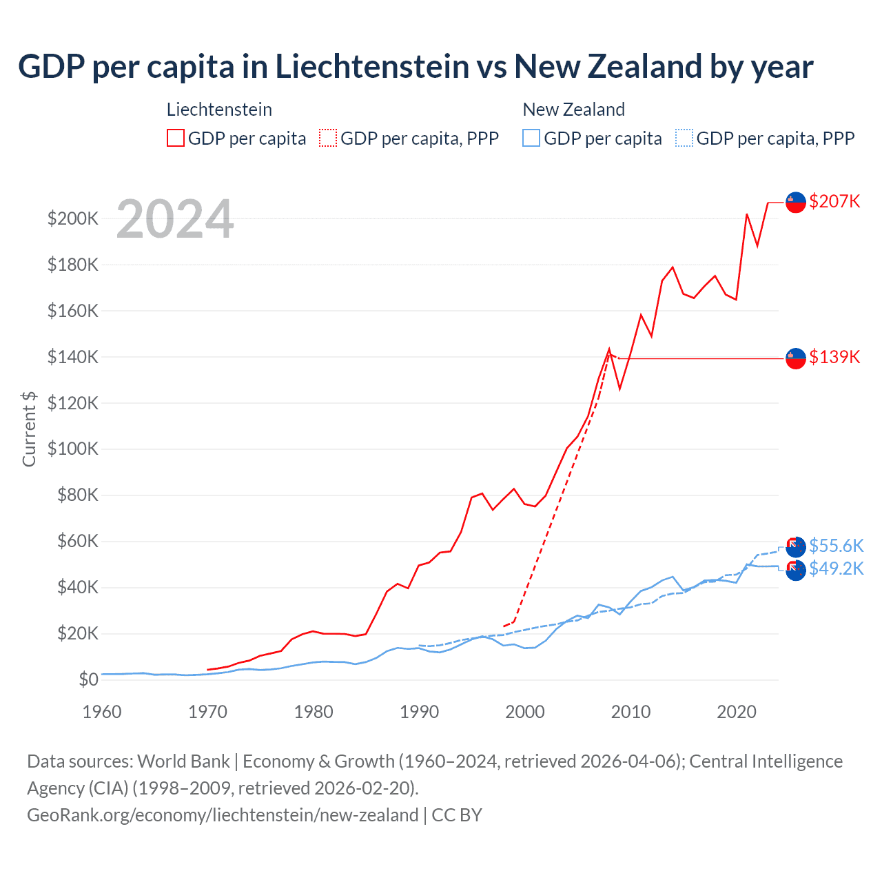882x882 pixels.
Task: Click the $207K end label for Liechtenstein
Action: [834, 201]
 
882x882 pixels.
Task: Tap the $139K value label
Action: [834, 357]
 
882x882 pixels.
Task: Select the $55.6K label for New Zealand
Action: [836, 546]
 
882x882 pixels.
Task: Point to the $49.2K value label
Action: [836, 568]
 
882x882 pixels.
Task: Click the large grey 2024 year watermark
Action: [175, 219]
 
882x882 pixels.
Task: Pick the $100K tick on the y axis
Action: [73, 449]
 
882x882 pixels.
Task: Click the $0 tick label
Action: [88, 679]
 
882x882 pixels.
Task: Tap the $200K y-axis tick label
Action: [73, 219]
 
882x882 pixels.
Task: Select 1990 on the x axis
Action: [419, 712]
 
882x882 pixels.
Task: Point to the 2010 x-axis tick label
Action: [630, 712]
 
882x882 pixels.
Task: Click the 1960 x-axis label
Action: [102, 712]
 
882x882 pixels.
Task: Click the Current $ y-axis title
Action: [29, 429]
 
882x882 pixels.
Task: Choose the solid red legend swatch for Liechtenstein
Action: [176, 139]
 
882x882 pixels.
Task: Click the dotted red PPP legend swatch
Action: [328, 139]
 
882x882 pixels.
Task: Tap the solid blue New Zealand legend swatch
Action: [531, 139]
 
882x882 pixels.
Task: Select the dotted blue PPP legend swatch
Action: [684, 139]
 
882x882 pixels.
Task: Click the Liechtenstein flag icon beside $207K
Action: [796, 203]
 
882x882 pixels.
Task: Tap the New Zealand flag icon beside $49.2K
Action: [796, 570]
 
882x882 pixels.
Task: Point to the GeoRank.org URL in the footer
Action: [223, 815]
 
